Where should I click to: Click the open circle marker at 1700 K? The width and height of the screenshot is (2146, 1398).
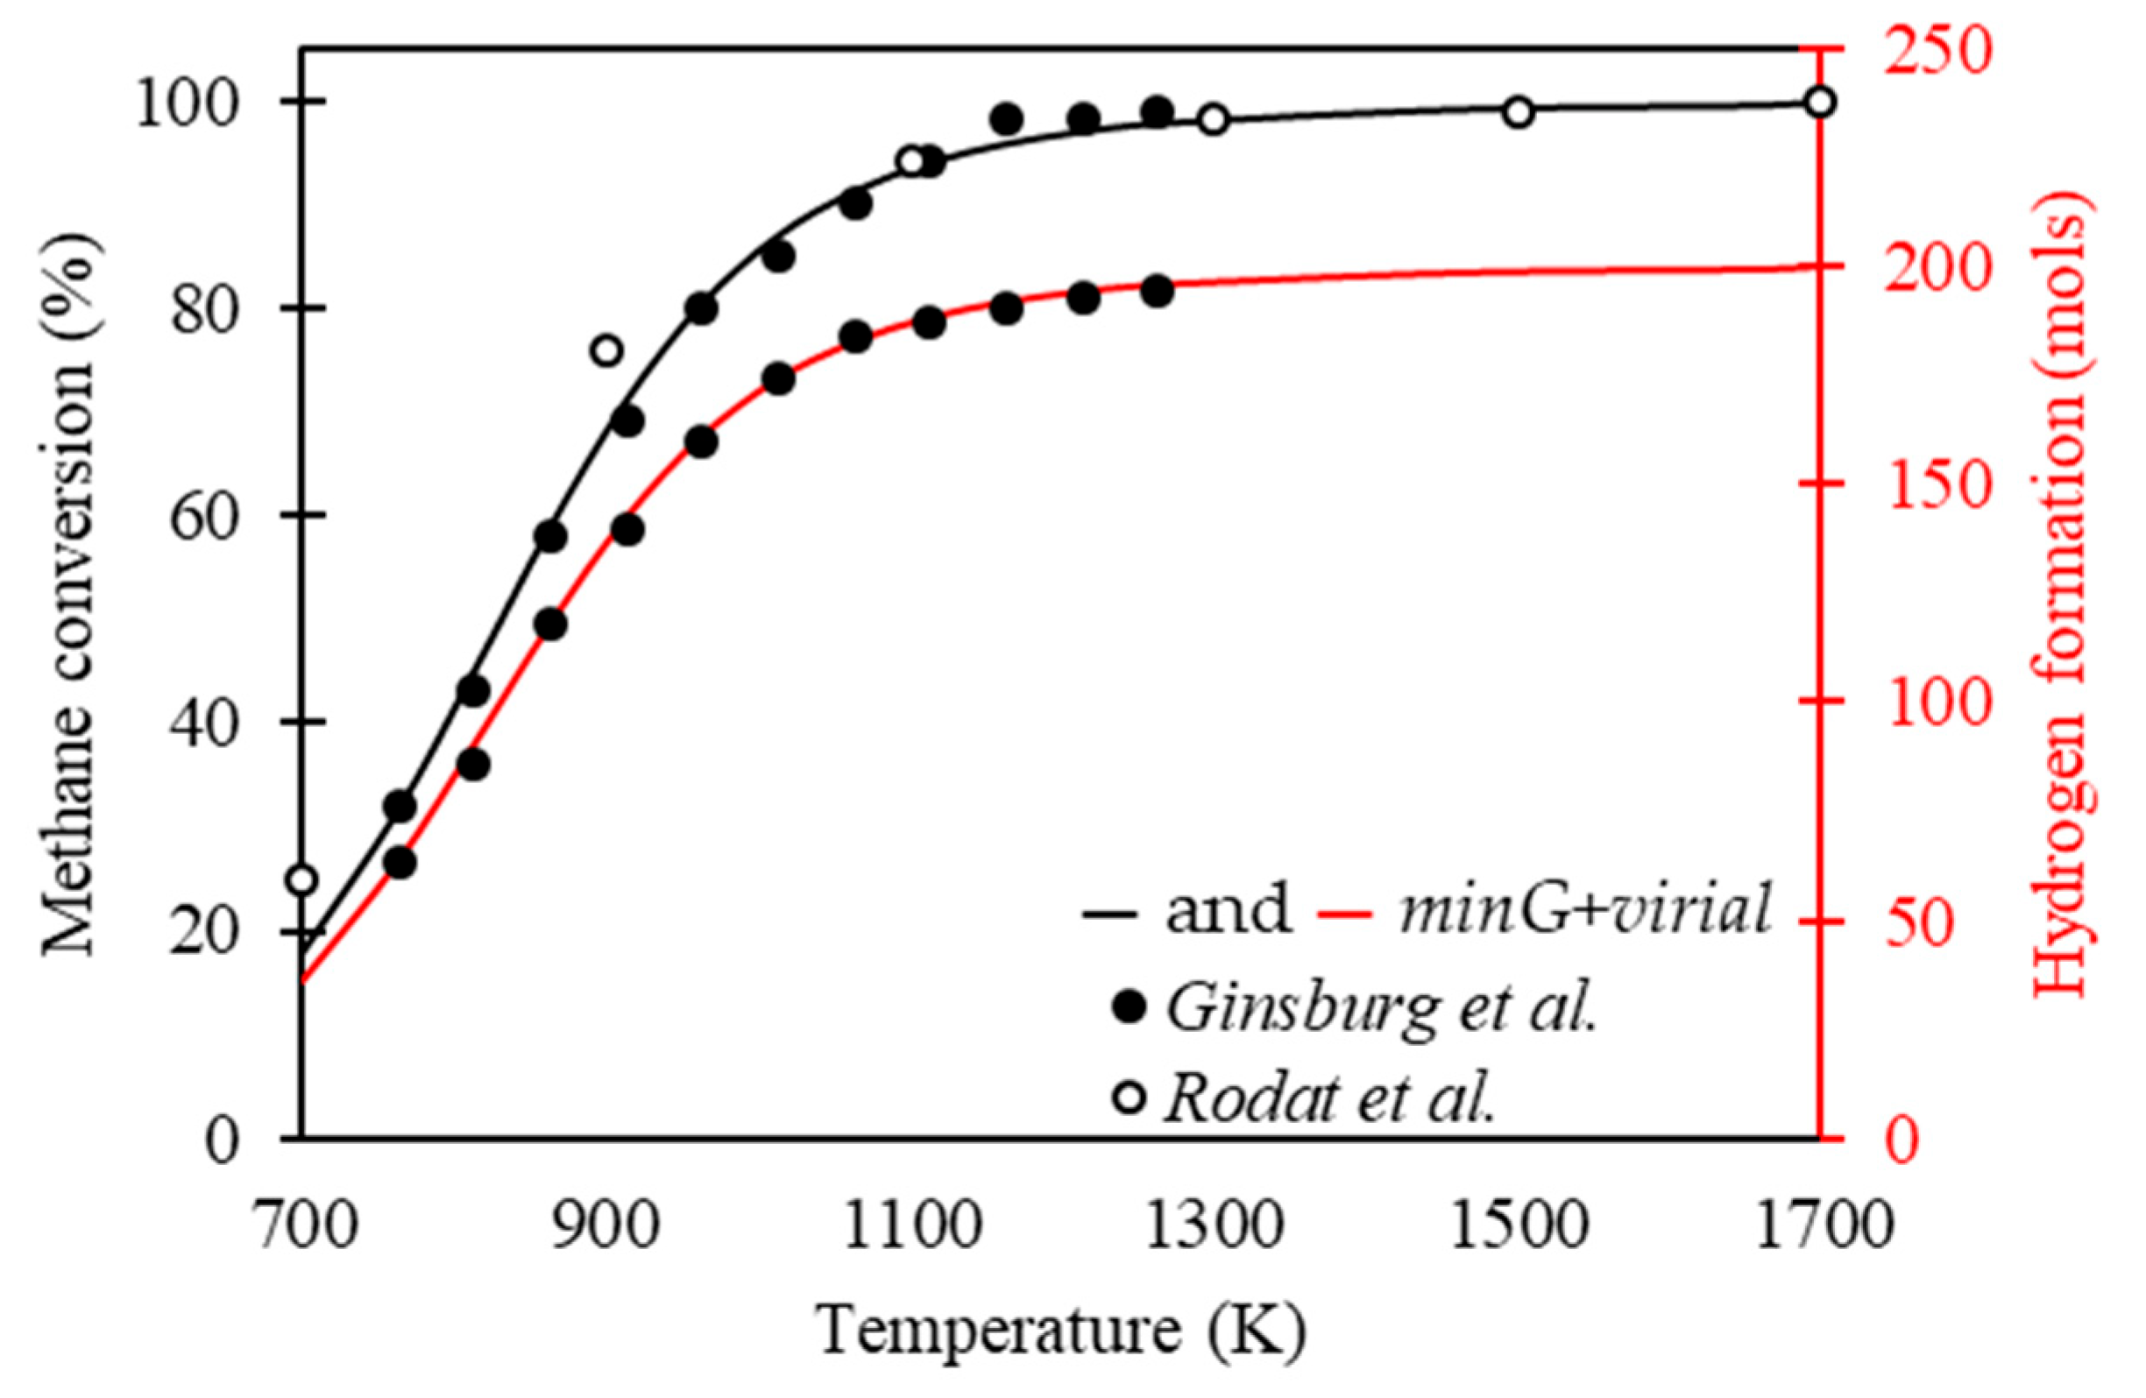pyautogui.click(x=1821, y=102)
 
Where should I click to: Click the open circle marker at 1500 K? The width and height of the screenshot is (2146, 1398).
pyautogui.click(x=1519, y=113)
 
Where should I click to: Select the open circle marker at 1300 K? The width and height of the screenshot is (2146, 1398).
pyautogui.click(x=1215, y=119)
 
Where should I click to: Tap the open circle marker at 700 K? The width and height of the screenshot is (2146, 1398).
pyautogui.click(x=302, y=879)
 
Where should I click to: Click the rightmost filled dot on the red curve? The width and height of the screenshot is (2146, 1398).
pyautogui.click(x=1157, y=292)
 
